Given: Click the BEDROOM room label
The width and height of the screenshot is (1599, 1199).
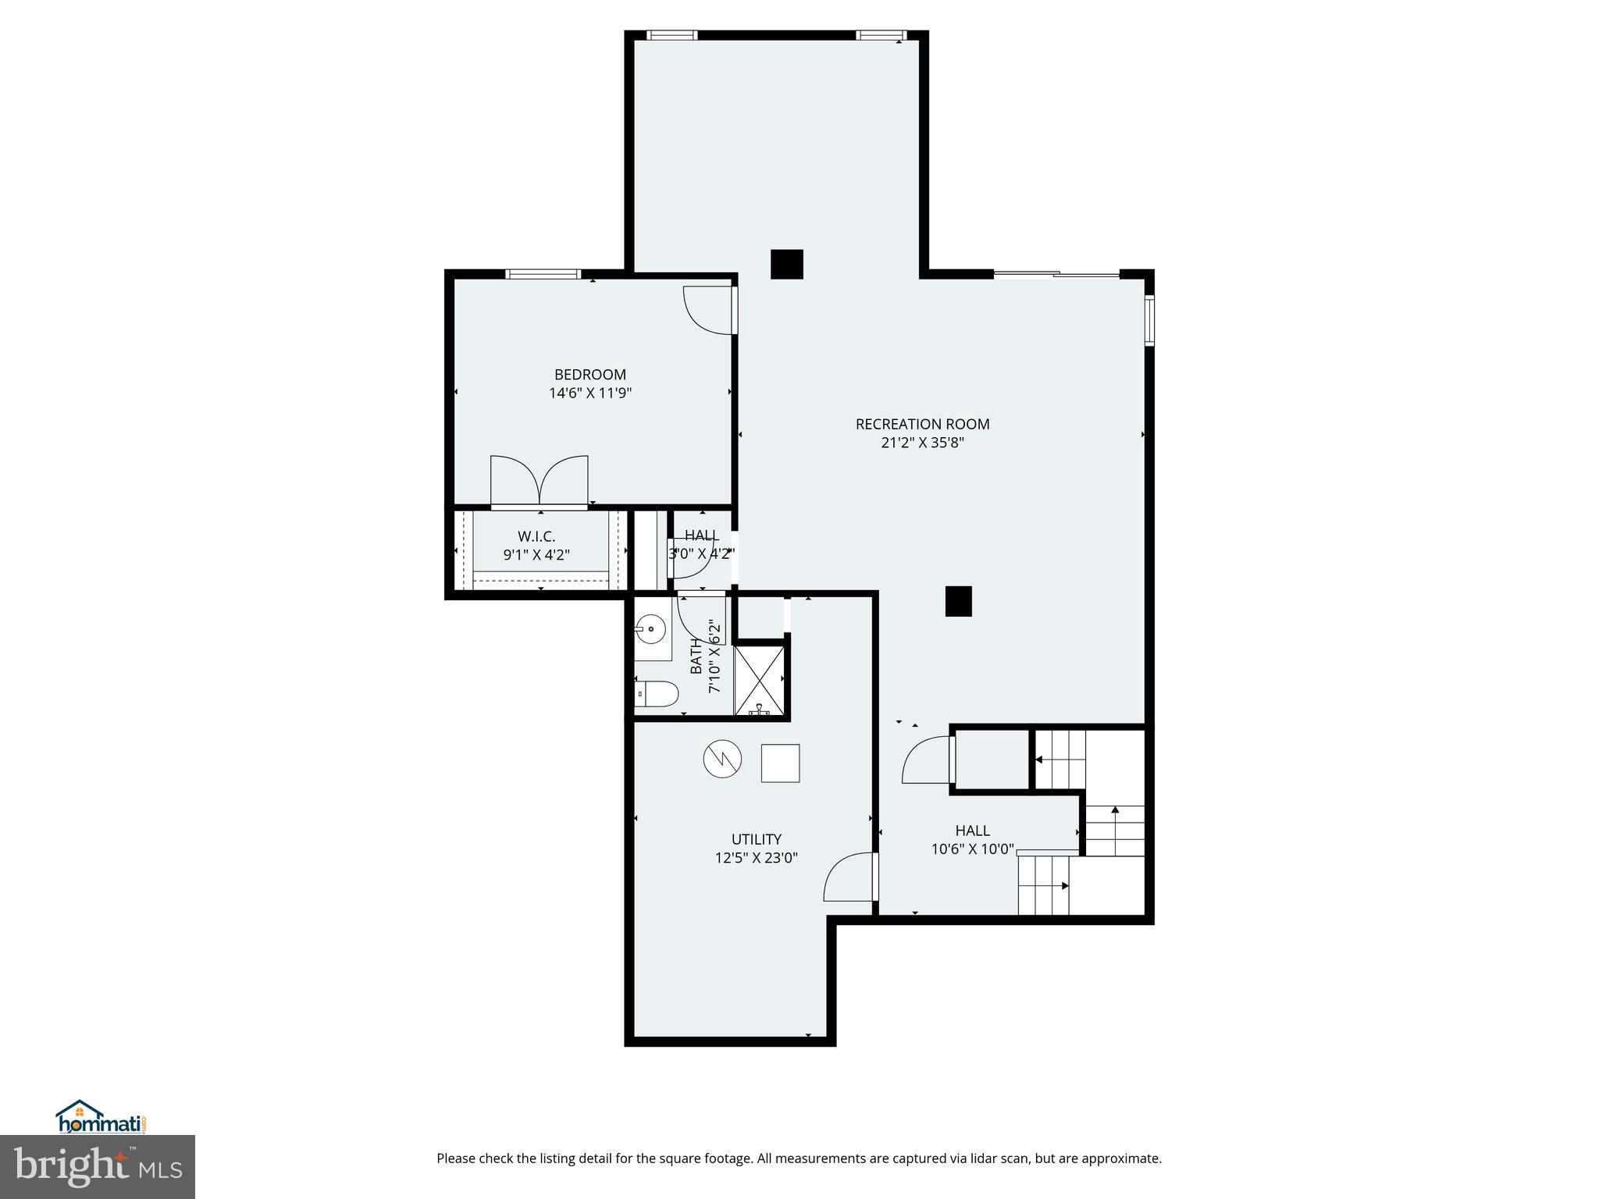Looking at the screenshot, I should pos(589,375).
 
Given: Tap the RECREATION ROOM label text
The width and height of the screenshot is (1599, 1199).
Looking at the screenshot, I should pos(922,425).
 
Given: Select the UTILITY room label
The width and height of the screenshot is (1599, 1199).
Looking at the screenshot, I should pos(756,840).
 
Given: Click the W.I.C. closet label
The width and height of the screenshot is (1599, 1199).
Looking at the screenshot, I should pos(536,537).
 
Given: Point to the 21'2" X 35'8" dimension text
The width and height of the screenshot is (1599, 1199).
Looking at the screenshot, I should pos(922,443).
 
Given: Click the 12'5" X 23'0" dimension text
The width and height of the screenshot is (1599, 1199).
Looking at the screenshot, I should pos(756,859).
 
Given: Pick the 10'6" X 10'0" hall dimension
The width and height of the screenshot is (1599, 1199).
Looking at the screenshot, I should pos(972,849).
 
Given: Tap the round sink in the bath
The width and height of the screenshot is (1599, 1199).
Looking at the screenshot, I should pos(650,626).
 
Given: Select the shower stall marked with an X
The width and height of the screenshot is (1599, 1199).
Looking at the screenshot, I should pos(759,679).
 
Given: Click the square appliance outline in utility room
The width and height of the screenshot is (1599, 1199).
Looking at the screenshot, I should pos(780,763).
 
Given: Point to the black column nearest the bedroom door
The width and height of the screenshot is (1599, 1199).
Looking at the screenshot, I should pos(786,264).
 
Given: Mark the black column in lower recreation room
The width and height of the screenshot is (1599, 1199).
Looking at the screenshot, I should pos(958,601).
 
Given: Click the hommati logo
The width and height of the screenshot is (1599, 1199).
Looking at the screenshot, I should pos(101,1118).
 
